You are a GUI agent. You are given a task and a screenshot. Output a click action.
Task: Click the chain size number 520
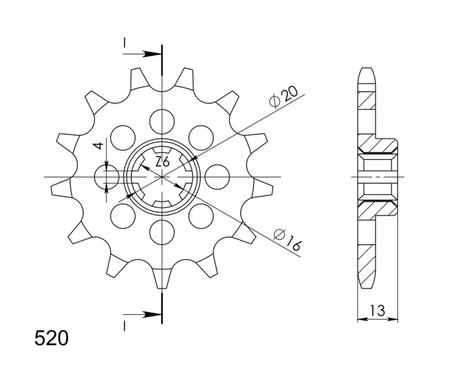point(52,338)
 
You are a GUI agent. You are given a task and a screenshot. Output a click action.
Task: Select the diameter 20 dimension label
point(284,97)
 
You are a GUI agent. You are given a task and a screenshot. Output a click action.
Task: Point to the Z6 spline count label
point(163,162)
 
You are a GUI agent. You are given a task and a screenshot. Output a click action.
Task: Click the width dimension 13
point(377,310)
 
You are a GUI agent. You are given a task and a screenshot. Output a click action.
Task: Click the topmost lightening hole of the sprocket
point(162,121)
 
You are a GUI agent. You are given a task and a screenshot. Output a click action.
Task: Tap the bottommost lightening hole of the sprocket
point(162,232)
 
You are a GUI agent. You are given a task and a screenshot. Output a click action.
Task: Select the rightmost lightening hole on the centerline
point(217,177)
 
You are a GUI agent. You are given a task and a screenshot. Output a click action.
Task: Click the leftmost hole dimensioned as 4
point(106,177)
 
